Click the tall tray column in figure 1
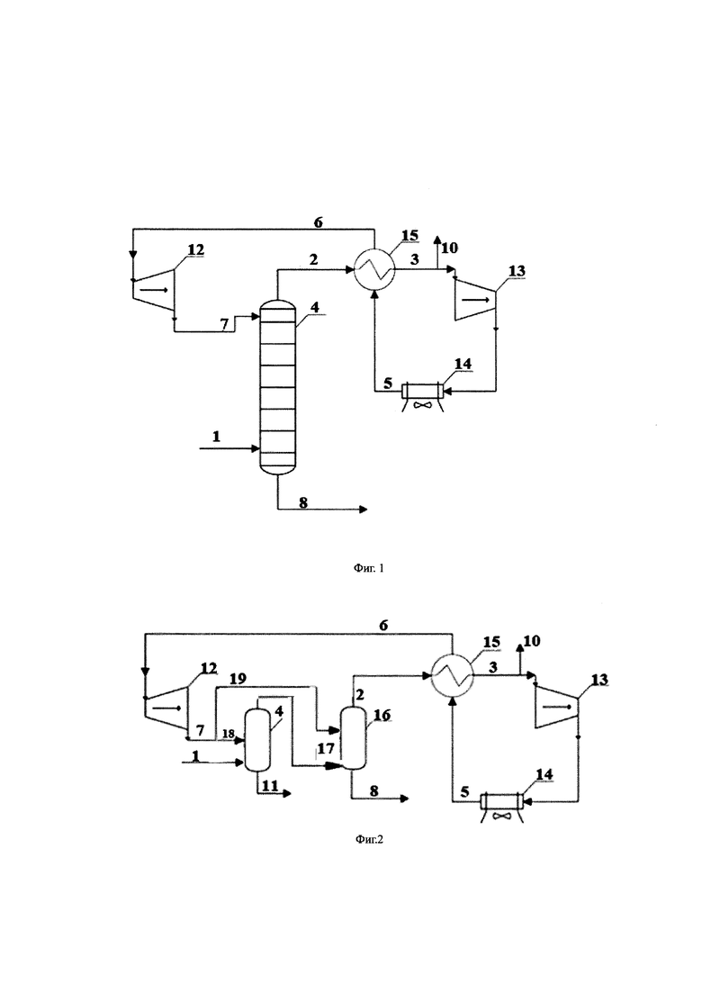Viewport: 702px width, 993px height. [278, 387]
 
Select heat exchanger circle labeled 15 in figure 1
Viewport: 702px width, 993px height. [373, 270]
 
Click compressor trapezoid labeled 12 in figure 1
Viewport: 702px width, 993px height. [153, 289]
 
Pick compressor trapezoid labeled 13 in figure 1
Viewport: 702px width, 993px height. [475, 300]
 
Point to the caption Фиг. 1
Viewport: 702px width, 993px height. [369, 568]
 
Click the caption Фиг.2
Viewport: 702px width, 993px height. [369, 840]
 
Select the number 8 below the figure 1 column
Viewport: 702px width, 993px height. [303, 502]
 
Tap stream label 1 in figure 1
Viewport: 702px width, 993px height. [217, 437]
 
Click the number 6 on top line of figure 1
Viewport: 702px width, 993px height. [319, 221]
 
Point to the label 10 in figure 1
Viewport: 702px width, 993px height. [449, 248]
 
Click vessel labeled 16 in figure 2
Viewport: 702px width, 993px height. [352, 737]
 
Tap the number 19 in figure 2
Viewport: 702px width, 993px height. [238, 679]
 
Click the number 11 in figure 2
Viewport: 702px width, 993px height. [270, 786]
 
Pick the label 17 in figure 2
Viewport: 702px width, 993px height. [326, 748]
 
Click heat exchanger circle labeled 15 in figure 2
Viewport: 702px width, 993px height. [452, 676]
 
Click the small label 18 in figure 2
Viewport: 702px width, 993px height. [229, 734]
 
